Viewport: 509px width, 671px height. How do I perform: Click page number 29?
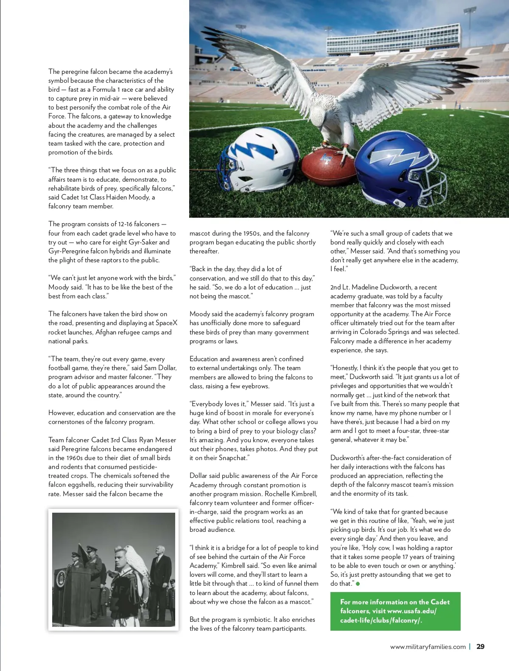click(x=480, y=646)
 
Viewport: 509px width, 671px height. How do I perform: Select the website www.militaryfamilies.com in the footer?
click(x=428, y=647)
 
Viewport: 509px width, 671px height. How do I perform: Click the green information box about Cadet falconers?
click(x=395, y=611)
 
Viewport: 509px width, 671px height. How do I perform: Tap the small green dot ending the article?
click(x=358, y=584)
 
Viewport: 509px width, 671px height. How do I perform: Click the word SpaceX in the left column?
click(x=166, y=323)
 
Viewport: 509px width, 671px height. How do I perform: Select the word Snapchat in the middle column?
click(x=232, y=458)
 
